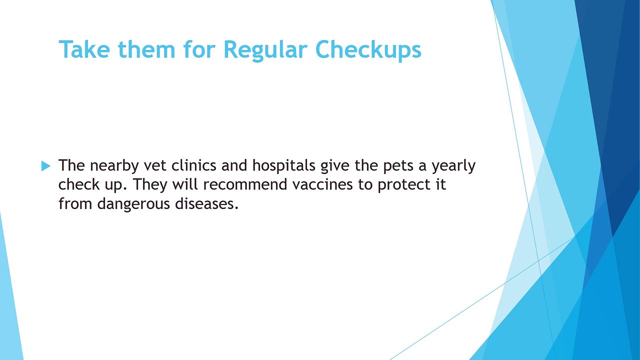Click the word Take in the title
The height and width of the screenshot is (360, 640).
(x=84, y=49)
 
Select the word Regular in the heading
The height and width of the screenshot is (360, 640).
(x=265, y=51)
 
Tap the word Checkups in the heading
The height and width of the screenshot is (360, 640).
(x=368, y=50)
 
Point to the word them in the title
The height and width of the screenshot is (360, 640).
(x=146, y=49)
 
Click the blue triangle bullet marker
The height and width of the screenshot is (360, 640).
(x=45, y=166)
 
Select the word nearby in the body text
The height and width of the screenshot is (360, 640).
(x=114, y=166)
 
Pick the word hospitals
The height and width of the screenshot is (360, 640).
(x=283, y=166)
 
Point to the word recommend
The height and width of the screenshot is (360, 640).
(x=245, y=184)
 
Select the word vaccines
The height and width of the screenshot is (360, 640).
(x=322, y=184)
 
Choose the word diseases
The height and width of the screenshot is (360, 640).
(x=206, y=203)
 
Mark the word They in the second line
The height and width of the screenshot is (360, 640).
(x=150, y=185)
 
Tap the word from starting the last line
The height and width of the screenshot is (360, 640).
(x=75, y=203)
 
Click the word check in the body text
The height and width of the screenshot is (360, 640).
(x=79, y=184)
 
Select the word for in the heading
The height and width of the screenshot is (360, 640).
(x=199, y=49)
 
